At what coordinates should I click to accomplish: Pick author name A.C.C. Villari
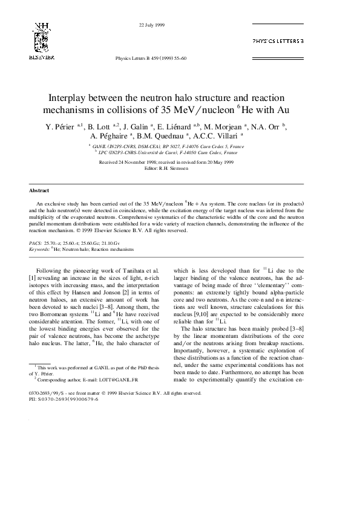coord(215,136)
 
